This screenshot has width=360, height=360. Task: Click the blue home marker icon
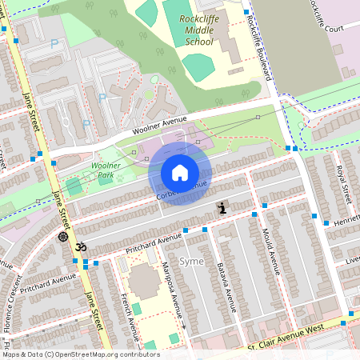(180, 172)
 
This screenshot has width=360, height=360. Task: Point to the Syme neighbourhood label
(192, 262)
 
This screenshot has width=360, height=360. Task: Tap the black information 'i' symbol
(222, 208)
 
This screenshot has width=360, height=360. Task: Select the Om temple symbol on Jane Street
(79, 247)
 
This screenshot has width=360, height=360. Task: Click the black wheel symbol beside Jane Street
(63, 236)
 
